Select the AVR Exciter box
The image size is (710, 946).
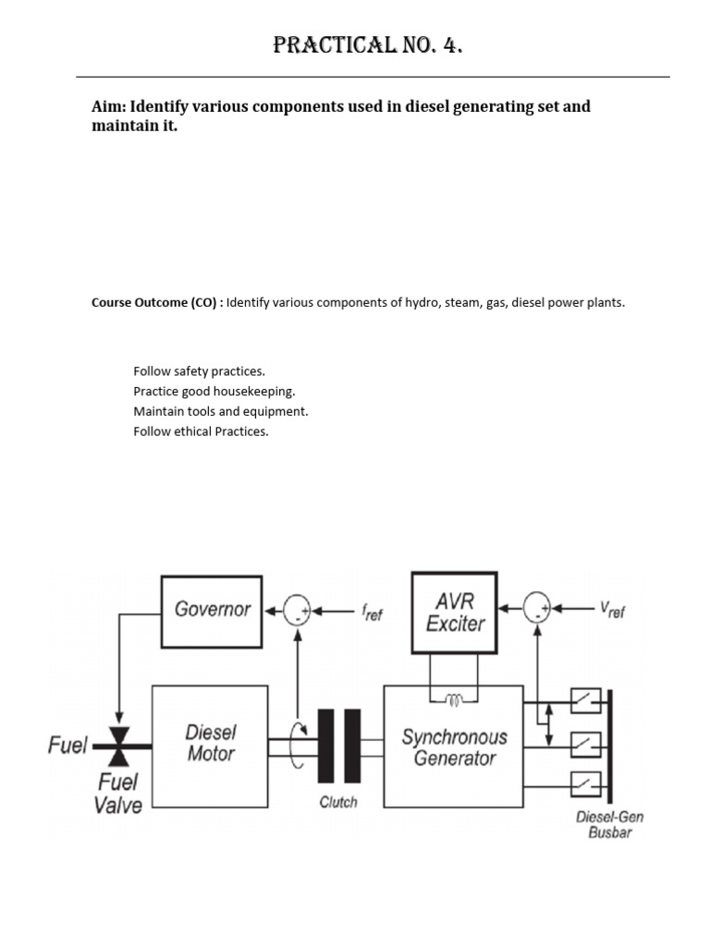point(454,613)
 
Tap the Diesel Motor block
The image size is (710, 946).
point(210,745)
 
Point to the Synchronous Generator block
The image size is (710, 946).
point(453,746)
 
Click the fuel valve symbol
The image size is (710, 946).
point(118,744)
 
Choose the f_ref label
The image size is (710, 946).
point(371,612)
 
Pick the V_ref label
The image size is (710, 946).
point(612,610)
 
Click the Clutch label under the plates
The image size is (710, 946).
point(338,802)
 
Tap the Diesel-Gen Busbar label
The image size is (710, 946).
point(609,825)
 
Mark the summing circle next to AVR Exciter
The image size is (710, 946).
point(537,609)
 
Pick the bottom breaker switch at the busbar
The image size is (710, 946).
point(585,784)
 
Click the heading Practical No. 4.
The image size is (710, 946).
point(367,45)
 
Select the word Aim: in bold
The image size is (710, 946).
point(109,106)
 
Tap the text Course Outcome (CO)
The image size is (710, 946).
point(155,302)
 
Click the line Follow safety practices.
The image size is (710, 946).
point(199,371)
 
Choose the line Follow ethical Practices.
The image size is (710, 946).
point(201,431)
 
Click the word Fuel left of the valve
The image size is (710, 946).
point(67,745)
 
